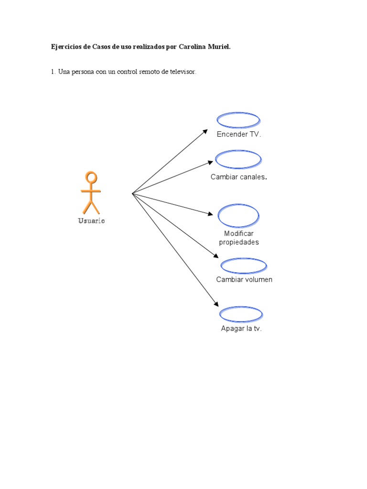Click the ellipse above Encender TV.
[x=238, y=120]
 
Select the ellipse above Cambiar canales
[x=238, y=159]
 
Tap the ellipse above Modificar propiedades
[x=238, y=215]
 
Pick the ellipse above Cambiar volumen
[x=244, y=266]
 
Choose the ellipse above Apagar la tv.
[x=241, y=314]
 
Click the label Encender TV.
[x=239, y=134]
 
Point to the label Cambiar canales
[x=238, y=177]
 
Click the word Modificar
[x=239, y=234]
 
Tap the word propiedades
[x=239, y=242]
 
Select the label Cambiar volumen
[x=244, y=279]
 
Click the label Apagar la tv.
[x=241, y=329]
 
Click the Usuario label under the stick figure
[x=91, y=221]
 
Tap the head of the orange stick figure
[x=91, y=178]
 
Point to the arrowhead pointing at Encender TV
[x=205, y=131]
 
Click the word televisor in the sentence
[x=182, y=72]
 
